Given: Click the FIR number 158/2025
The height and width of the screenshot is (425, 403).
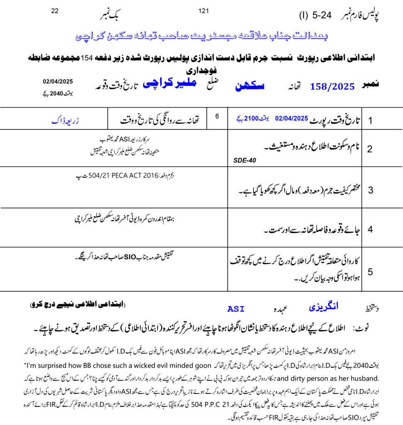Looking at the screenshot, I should [332, 87].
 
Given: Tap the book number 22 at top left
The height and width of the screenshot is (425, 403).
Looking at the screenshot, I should [55, 12].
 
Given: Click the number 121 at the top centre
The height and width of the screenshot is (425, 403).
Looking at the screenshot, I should [204, 11].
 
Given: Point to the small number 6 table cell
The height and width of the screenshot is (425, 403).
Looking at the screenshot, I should [217, 116].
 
